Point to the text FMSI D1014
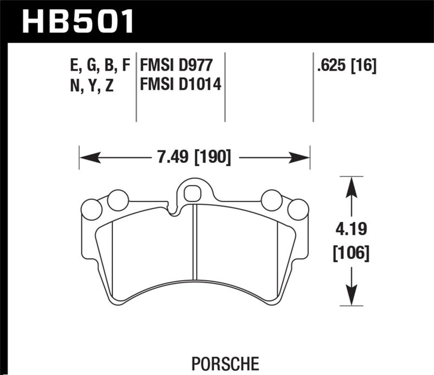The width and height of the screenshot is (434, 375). tap(181, 85)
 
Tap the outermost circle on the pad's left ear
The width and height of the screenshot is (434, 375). tap(91, 209)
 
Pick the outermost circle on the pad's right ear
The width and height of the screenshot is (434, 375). tap(297, 209)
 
